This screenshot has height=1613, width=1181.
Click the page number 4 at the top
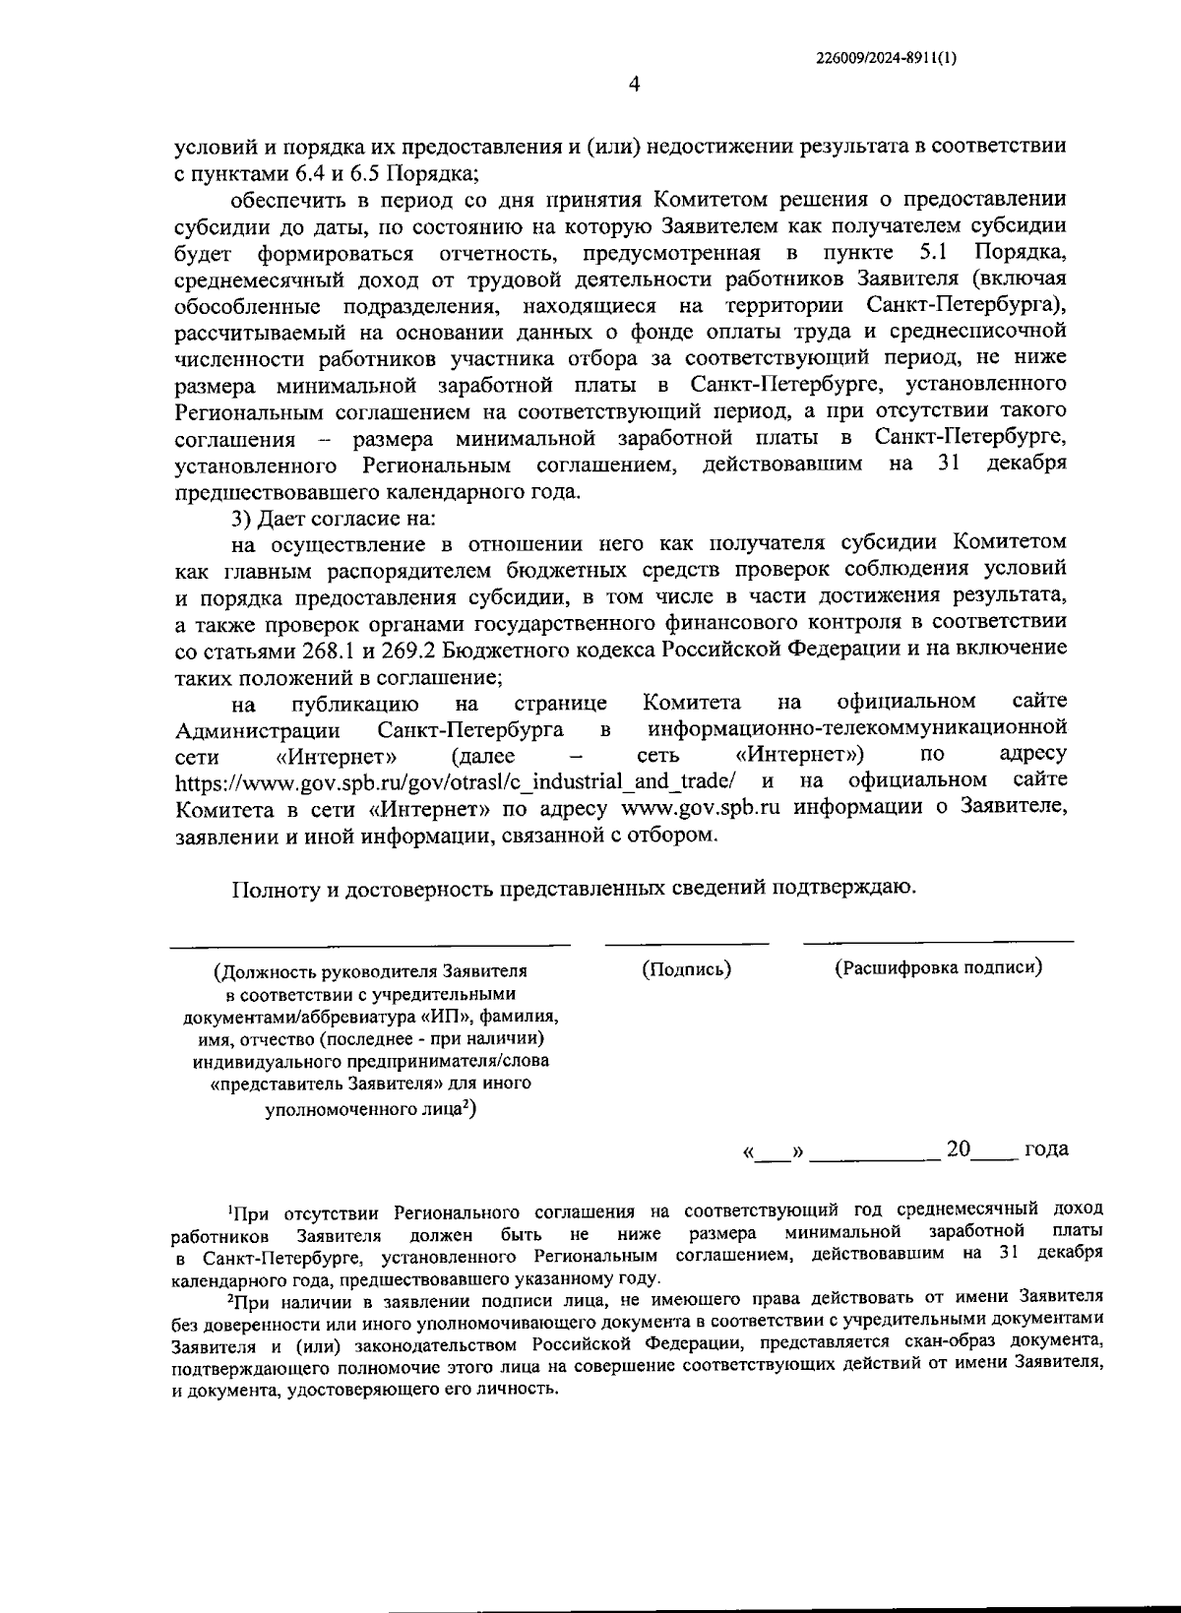pos(634,86)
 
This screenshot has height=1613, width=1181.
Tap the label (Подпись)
pos(686,968)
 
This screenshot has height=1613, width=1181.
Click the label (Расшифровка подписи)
pos(938,967)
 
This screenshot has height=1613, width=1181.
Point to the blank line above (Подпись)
pos(686,945)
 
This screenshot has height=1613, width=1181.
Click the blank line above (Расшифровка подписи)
pos(938,943)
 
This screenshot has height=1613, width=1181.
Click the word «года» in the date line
pos(1045,1149)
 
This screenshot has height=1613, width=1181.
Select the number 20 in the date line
pos(958,1148)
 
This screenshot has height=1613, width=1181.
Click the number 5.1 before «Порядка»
pos(931,252)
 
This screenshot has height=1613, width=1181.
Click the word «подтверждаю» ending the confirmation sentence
pos(851,889)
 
